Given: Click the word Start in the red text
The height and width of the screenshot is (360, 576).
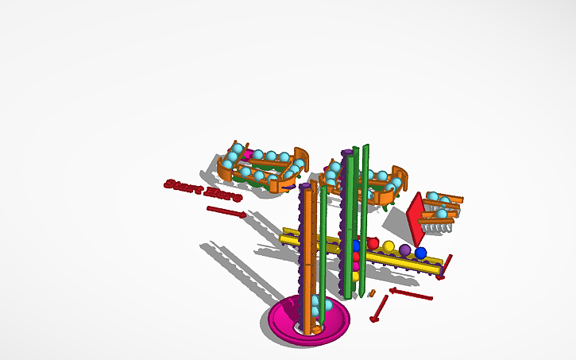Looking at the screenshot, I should (x=182, y=185).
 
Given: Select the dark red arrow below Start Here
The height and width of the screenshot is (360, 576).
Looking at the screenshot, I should (x=226, y=211).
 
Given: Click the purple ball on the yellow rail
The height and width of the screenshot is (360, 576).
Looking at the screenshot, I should (x=405, y=250).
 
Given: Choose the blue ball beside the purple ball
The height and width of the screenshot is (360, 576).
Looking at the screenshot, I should (x=420, y=254).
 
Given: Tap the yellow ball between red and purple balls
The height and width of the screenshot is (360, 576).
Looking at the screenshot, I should (x=389, y=246).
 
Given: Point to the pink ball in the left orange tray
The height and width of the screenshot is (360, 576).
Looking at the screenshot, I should (x=247, y=154).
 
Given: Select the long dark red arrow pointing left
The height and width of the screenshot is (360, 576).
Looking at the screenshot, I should (x=411, y=294).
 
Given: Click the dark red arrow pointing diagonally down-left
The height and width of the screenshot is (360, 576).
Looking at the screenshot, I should (x=380, y=309).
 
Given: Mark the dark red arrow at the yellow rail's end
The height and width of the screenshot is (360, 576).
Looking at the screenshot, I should (x=444, y=268).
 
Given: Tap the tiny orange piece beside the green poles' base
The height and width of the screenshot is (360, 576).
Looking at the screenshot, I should (x=371, y=293).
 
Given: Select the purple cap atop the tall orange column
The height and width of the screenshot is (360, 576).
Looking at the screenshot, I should (x=305, y=187).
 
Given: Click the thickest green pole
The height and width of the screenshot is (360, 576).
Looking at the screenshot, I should (x=349, y=223).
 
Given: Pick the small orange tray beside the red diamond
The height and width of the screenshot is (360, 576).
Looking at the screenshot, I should (x=440, y=206).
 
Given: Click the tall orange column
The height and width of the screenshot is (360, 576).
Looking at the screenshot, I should (x=306, y=254).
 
